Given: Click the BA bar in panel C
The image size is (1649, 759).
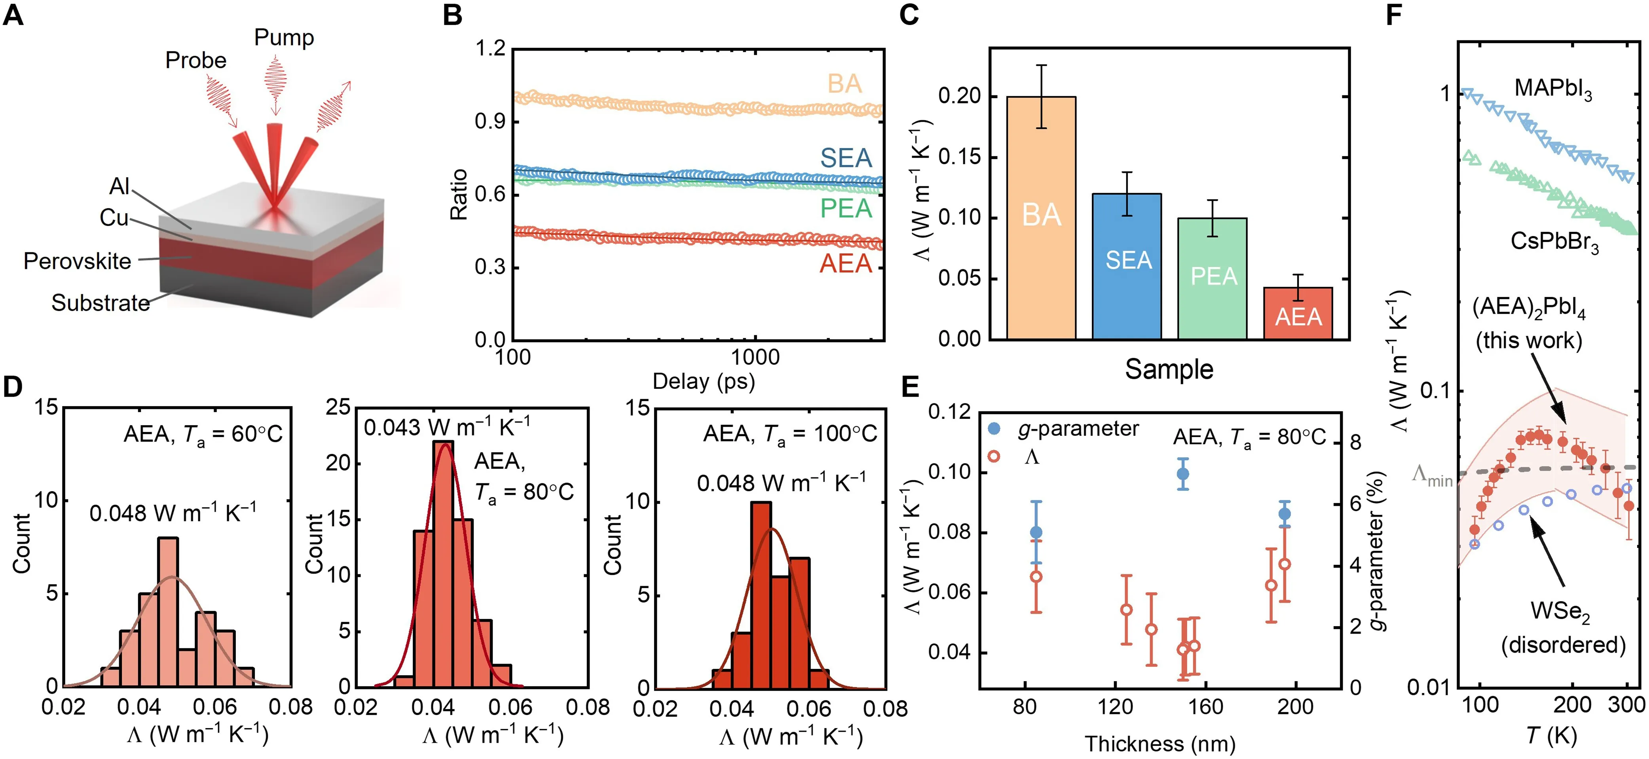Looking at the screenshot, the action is (x=1042, y=218).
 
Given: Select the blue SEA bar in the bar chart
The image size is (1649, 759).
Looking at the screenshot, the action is (x=1127, y=266).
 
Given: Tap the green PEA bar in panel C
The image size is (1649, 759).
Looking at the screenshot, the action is (x=1213, y=278).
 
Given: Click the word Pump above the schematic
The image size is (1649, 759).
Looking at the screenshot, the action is (x=284, y=38).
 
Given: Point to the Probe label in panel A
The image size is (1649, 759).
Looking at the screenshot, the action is (x=196, y=60).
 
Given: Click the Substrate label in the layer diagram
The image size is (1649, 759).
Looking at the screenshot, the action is (x=101, y=303).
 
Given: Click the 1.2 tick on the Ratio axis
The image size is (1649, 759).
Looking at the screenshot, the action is (x=490, y=49).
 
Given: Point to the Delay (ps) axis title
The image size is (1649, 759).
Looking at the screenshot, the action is (x=704, y=381).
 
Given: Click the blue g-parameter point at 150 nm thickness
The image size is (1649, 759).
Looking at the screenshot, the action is (x=1183, y=474).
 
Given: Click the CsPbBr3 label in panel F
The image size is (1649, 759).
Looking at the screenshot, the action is (x=1555, y=242).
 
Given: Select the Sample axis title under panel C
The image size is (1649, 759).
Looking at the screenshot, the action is (x=1169, y=369).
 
